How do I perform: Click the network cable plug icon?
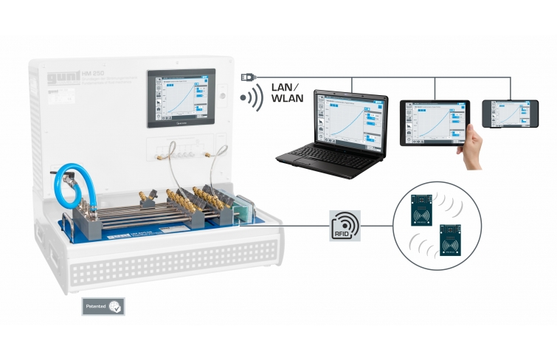[x=248, y=77]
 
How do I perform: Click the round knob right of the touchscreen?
[x=224, y=97]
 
